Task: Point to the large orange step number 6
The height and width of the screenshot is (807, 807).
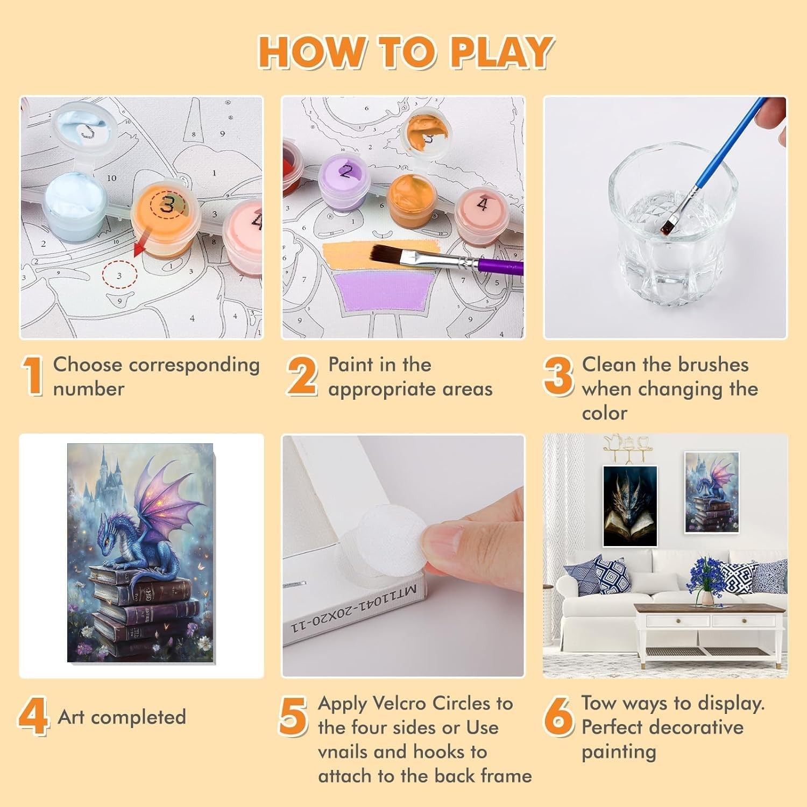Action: pyautogui.click(x=558, y=716)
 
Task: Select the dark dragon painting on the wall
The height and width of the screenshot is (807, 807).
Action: pyautogui.click(x=630, y=506)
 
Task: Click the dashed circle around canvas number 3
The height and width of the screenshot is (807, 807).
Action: pyautogui.click(x=119, y=275)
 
